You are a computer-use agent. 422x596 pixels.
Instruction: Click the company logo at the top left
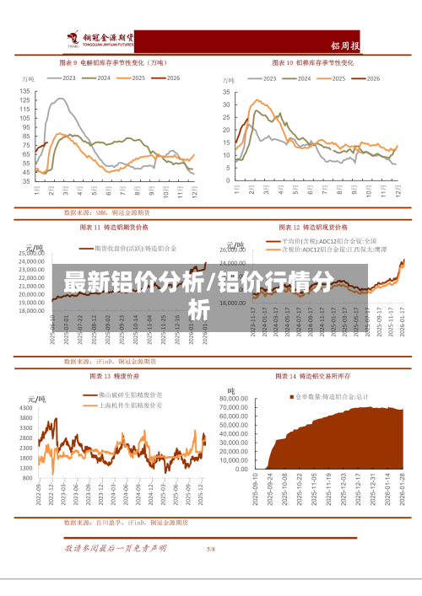101,39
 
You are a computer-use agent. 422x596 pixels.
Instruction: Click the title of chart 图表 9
111,62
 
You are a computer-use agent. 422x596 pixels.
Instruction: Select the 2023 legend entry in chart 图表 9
61,78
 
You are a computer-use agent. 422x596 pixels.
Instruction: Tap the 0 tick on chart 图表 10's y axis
227,180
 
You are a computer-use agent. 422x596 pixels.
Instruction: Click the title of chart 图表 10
311,62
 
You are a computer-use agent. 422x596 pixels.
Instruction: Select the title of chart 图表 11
114,227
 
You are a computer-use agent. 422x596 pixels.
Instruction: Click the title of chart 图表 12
313,227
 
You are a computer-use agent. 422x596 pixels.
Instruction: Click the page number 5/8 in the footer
211,549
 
